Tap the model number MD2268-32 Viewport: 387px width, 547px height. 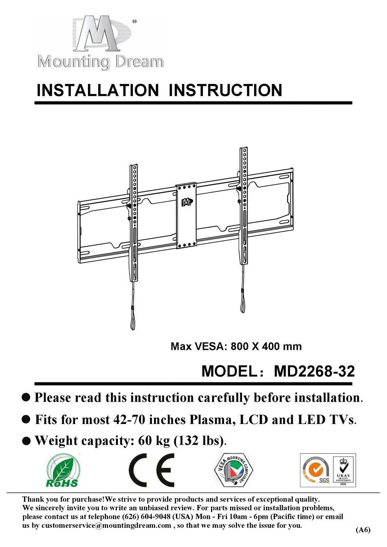314,371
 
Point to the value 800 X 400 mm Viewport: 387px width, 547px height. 266,347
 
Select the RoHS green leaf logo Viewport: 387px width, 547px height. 62,471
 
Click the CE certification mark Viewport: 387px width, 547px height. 152,470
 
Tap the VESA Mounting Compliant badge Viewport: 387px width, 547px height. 233,470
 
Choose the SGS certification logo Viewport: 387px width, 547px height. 316,470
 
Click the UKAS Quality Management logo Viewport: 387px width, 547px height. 343,470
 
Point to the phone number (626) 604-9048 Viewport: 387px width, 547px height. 146,516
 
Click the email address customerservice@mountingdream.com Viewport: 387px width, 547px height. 106,525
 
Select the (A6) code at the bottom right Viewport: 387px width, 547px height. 363,530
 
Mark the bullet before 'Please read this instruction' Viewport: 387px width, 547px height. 26,398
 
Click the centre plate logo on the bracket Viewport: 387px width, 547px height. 187,202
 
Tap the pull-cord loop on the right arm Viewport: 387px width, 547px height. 243,304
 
